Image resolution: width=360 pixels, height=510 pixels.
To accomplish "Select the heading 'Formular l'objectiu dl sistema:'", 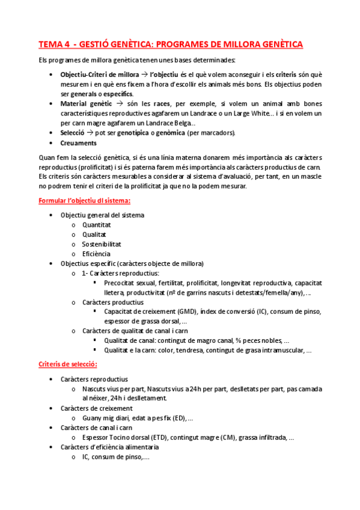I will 84,200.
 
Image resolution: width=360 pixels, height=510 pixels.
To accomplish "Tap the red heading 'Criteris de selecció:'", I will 68,364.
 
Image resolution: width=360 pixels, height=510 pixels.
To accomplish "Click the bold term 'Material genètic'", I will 86,103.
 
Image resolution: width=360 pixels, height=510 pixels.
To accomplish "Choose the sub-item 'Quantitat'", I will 97,225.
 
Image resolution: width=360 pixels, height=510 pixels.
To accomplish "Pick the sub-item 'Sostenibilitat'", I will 102,244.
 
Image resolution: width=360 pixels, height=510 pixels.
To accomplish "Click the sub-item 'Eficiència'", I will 97,254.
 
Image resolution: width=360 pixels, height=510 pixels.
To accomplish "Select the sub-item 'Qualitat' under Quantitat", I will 94,235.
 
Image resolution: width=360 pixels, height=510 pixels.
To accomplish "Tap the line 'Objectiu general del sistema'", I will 102,215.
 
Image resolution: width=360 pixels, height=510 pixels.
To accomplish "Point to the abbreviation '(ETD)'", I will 158,437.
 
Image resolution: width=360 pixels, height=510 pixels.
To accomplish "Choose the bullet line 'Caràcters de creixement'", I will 97,408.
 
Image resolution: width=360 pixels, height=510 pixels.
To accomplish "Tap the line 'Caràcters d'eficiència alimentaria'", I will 109,447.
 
